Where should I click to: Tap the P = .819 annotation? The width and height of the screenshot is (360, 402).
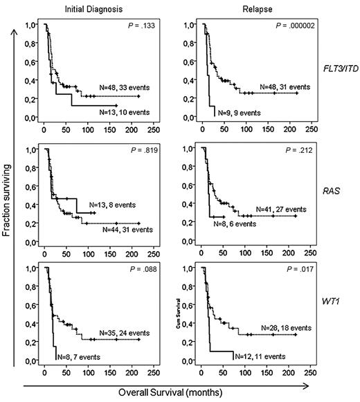149,149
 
